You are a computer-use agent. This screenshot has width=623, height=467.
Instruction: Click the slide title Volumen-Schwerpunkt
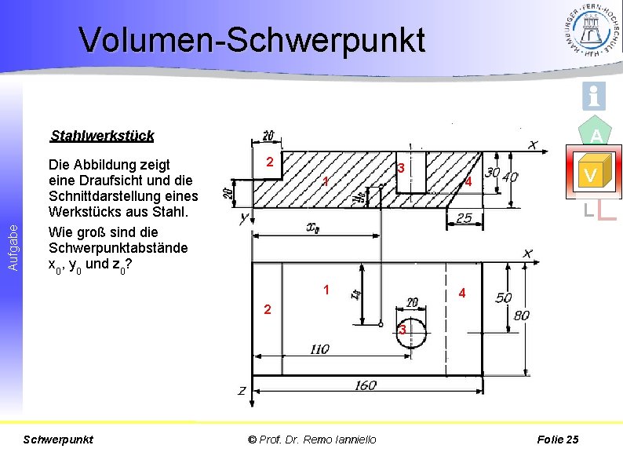pyautogui.click(x=252, y=40)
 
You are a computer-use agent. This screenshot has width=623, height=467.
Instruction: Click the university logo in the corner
pyautogui.click(x=590, y=30)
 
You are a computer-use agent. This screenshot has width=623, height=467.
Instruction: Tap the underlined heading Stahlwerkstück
pyautogui.click(x=102, y=136)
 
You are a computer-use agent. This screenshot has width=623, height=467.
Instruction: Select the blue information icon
pyautogui.click(x=593, y=96)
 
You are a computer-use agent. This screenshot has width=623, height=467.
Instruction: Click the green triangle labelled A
pyautogui.click(x=596, y=135)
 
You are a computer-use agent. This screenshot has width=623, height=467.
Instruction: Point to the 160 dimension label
pyautogui.click(x=366, y=385)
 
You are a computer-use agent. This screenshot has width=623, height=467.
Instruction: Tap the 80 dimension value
pyautogui.click(x=522, y=316)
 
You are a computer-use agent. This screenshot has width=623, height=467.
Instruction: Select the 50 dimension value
pyautogui.click(x=503, y=297)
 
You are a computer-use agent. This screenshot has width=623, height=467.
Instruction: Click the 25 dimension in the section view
pyautogui.click(x=465, y=217)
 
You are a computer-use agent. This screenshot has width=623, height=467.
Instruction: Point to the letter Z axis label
pyautogui.click(x=242, y=390)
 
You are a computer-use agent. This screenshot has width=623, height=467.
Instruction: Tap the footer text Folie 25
pyautogui.click(x=558, y=440)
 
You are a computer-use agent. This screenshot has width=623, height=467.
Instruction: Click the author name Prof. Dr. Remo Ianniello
pyautogui.click(x=312, y=440)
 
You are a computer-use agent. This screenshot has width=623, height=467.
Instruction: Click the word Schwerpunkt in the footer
pyautogui.click(x=60, y=440)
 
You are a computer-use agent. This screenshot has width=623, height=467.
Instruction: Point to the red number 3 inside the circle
pyautogui.click(x=402, y=330)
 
